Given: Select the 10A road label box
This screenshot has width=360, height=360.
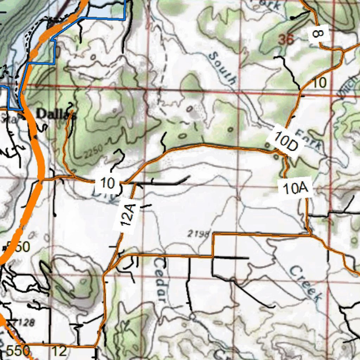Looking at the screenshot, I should pos(295,189).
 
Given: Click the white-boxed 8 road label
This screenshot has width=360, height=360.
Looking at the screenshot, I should pos(318,34).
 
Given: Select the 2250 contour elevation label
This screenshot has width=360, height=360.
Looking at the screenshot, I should pos(93,151).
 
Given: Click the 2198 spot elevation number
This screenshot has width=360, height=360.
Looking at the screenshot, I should pos(199,233).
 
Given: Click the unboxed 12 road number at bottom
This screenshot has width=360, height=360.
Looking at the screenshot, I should pos(59,351).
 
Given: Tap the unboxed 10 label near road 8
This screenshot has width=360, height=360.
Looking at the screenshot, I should pos(319,83).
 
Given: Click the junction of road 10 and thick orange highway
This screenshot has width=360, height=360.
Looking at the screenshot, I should pos(40,180).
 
